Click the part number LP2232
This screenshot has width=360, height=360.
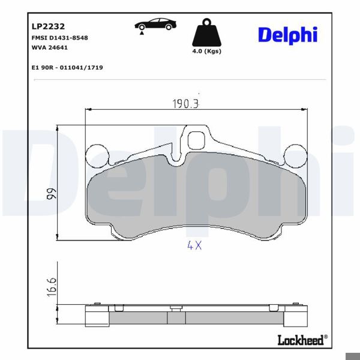[44, 26]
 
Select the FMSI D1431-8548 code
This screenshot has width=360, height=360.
[59, 38]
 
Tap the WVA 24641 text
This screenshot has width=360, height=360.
[50, 47]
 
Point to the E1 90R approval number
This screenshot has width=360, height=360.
[67, 68]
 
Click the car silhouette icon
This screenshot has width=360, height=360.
[155, 25]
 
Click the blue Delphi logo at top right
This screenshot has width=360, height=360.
[287, 35]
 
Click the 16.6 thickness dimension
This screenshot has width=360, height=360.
[52, 285]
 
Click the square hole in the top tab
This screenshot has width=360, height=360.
[196, 141]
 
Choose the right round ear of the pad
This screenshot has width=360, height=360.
[295, 156]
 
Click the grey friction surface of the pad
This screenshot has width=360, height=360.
[196, 198]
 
